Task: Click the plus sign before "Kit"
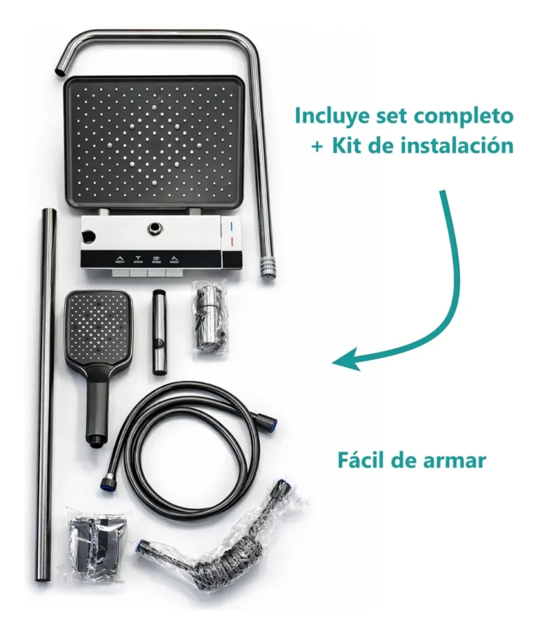point(318,146)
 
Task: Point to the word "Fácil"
point(359,460)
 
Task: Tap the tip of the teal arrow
point(333,362)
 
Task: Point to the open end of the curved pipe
point(60,71)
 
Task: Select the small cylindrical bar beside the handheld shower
point(158,331)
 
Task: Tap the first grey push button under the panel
point(120,273)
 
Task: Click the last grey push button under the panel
point(175,273)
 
